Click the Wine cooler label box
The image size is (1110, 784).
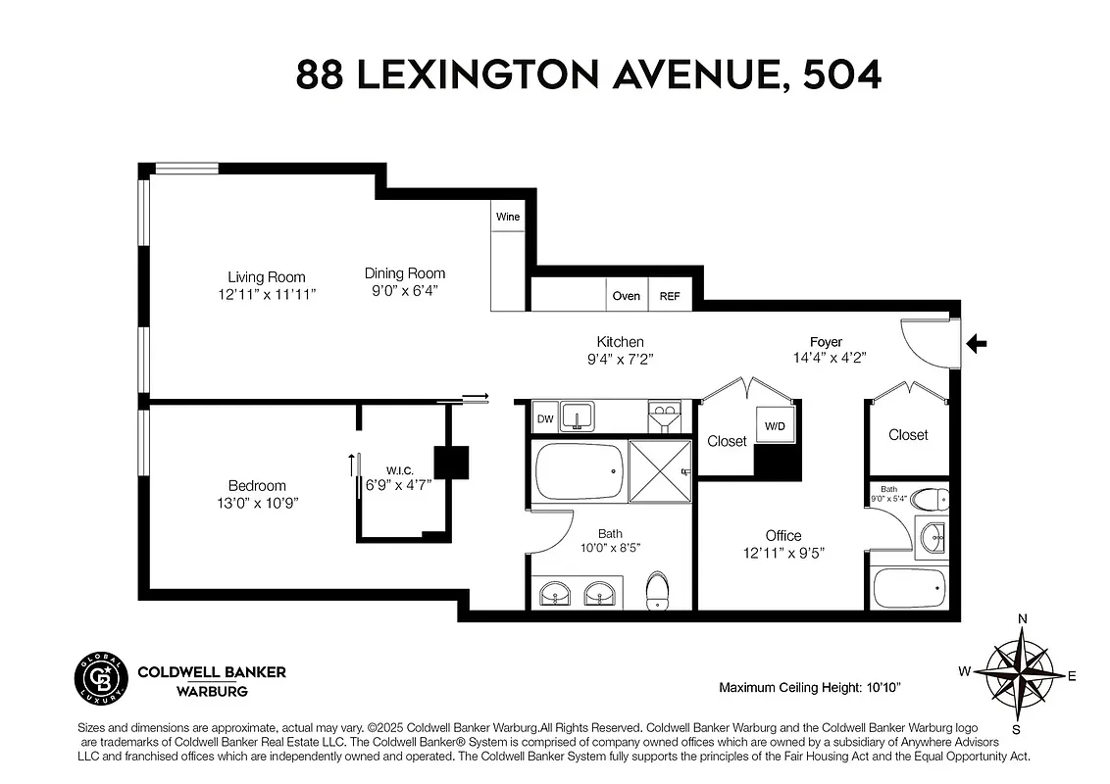tap(507, 217)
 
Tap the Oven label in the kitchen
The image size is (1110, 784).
tap(626, 295)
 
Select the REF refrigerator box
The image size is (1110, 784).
tap(670, 295)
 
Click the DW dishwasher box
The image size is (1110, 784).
tap(544, 419)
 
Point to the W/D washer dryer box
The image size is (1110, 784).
tap(775, 425)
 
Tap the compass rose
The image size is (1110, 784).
tap(1020, 674)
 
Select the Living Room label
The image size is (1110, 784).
tap(267, 277)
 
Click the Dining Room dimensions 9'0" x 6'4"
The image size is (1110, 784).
tap(405, 290)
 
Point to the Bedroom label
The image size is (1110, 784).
tap(257, 485)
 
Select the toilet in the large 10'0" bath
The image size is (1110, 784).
tap(656, 591)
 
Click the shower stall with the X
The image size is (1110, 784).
tap(659, 470)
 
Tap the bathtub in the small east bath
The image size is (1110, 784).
tap(909, 586)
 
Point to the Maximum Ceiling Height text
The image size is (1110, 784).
tap(810, 687)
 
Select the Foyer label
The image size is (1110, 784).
tap(826, 341)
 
